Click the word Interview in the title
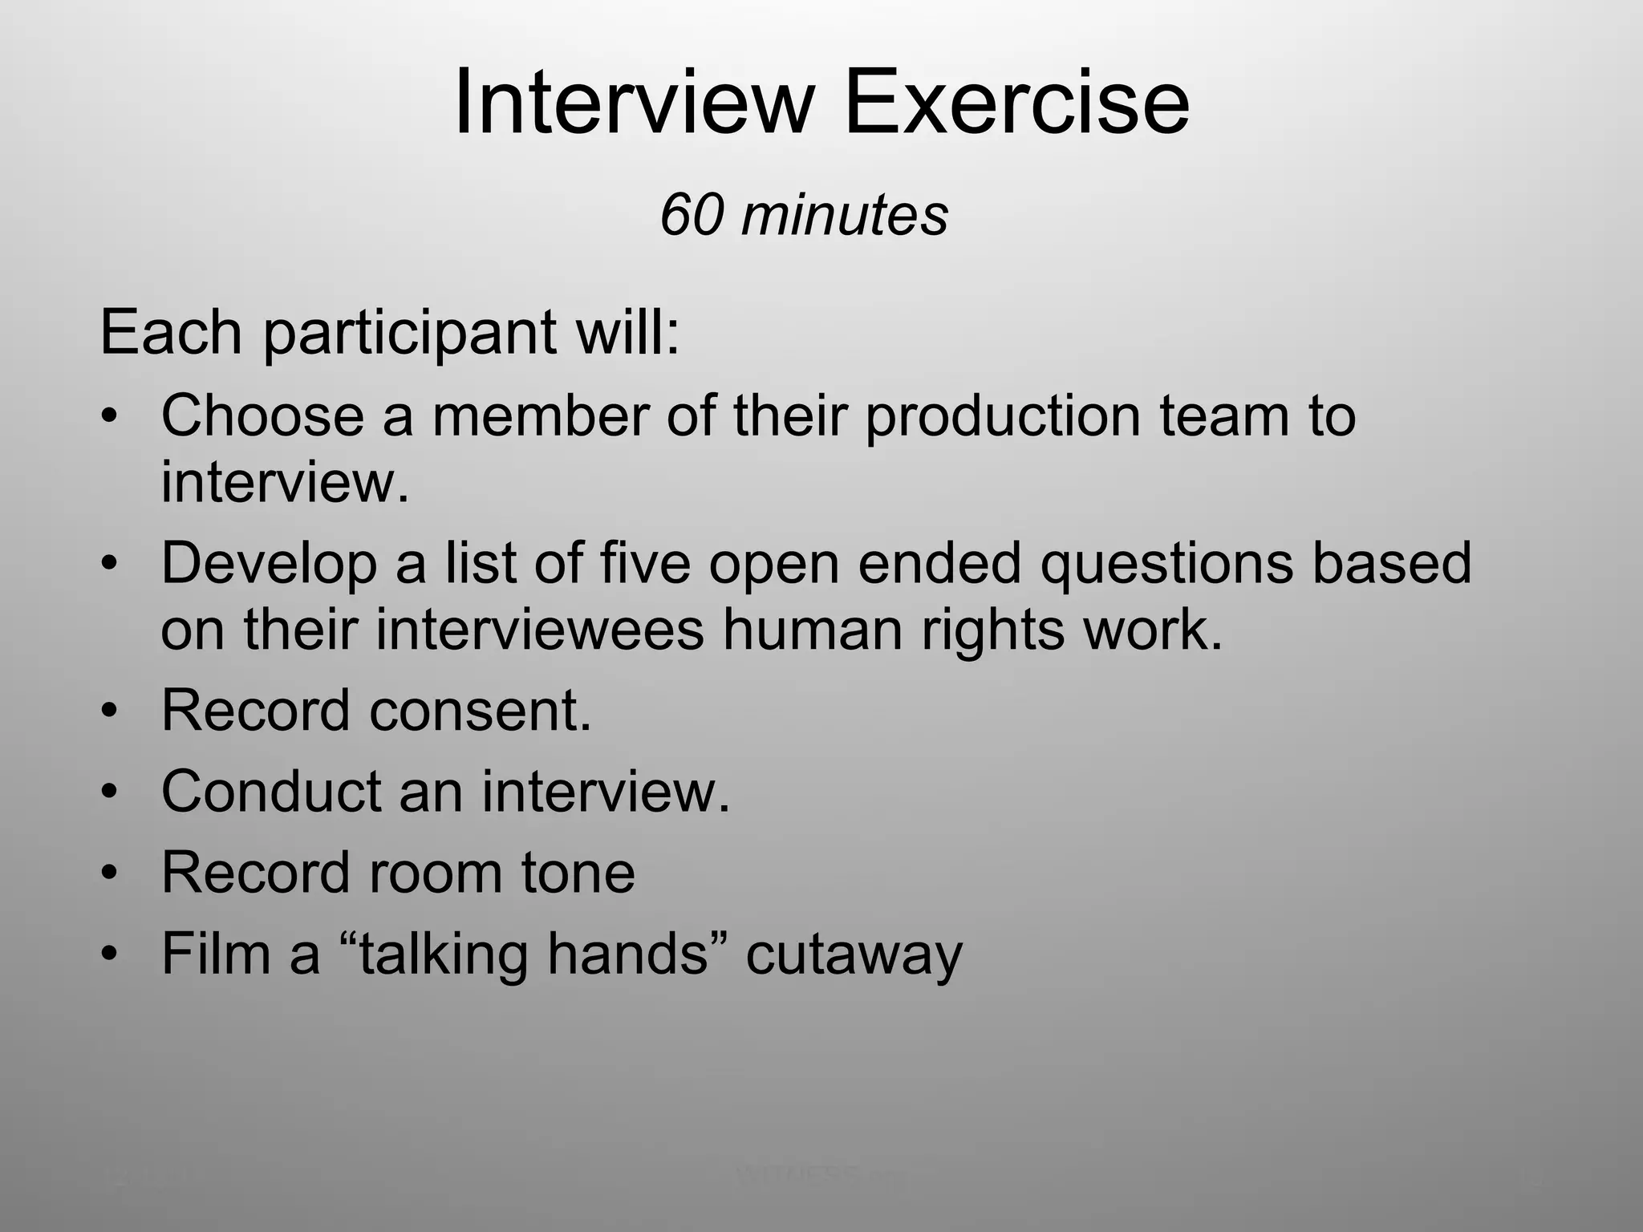tap(634, 103)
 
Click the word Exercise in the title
tap(1016, 103)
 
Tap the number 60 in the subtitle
tap(691, 215)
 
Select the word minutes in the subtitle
tap(844, 215)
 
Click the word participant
tap(408, 333)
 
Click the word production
tap(1002, 417)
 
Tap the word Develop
tap(269, 563)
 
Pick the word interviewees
tap(539, 629)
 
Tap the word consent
tap(480, 711)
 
